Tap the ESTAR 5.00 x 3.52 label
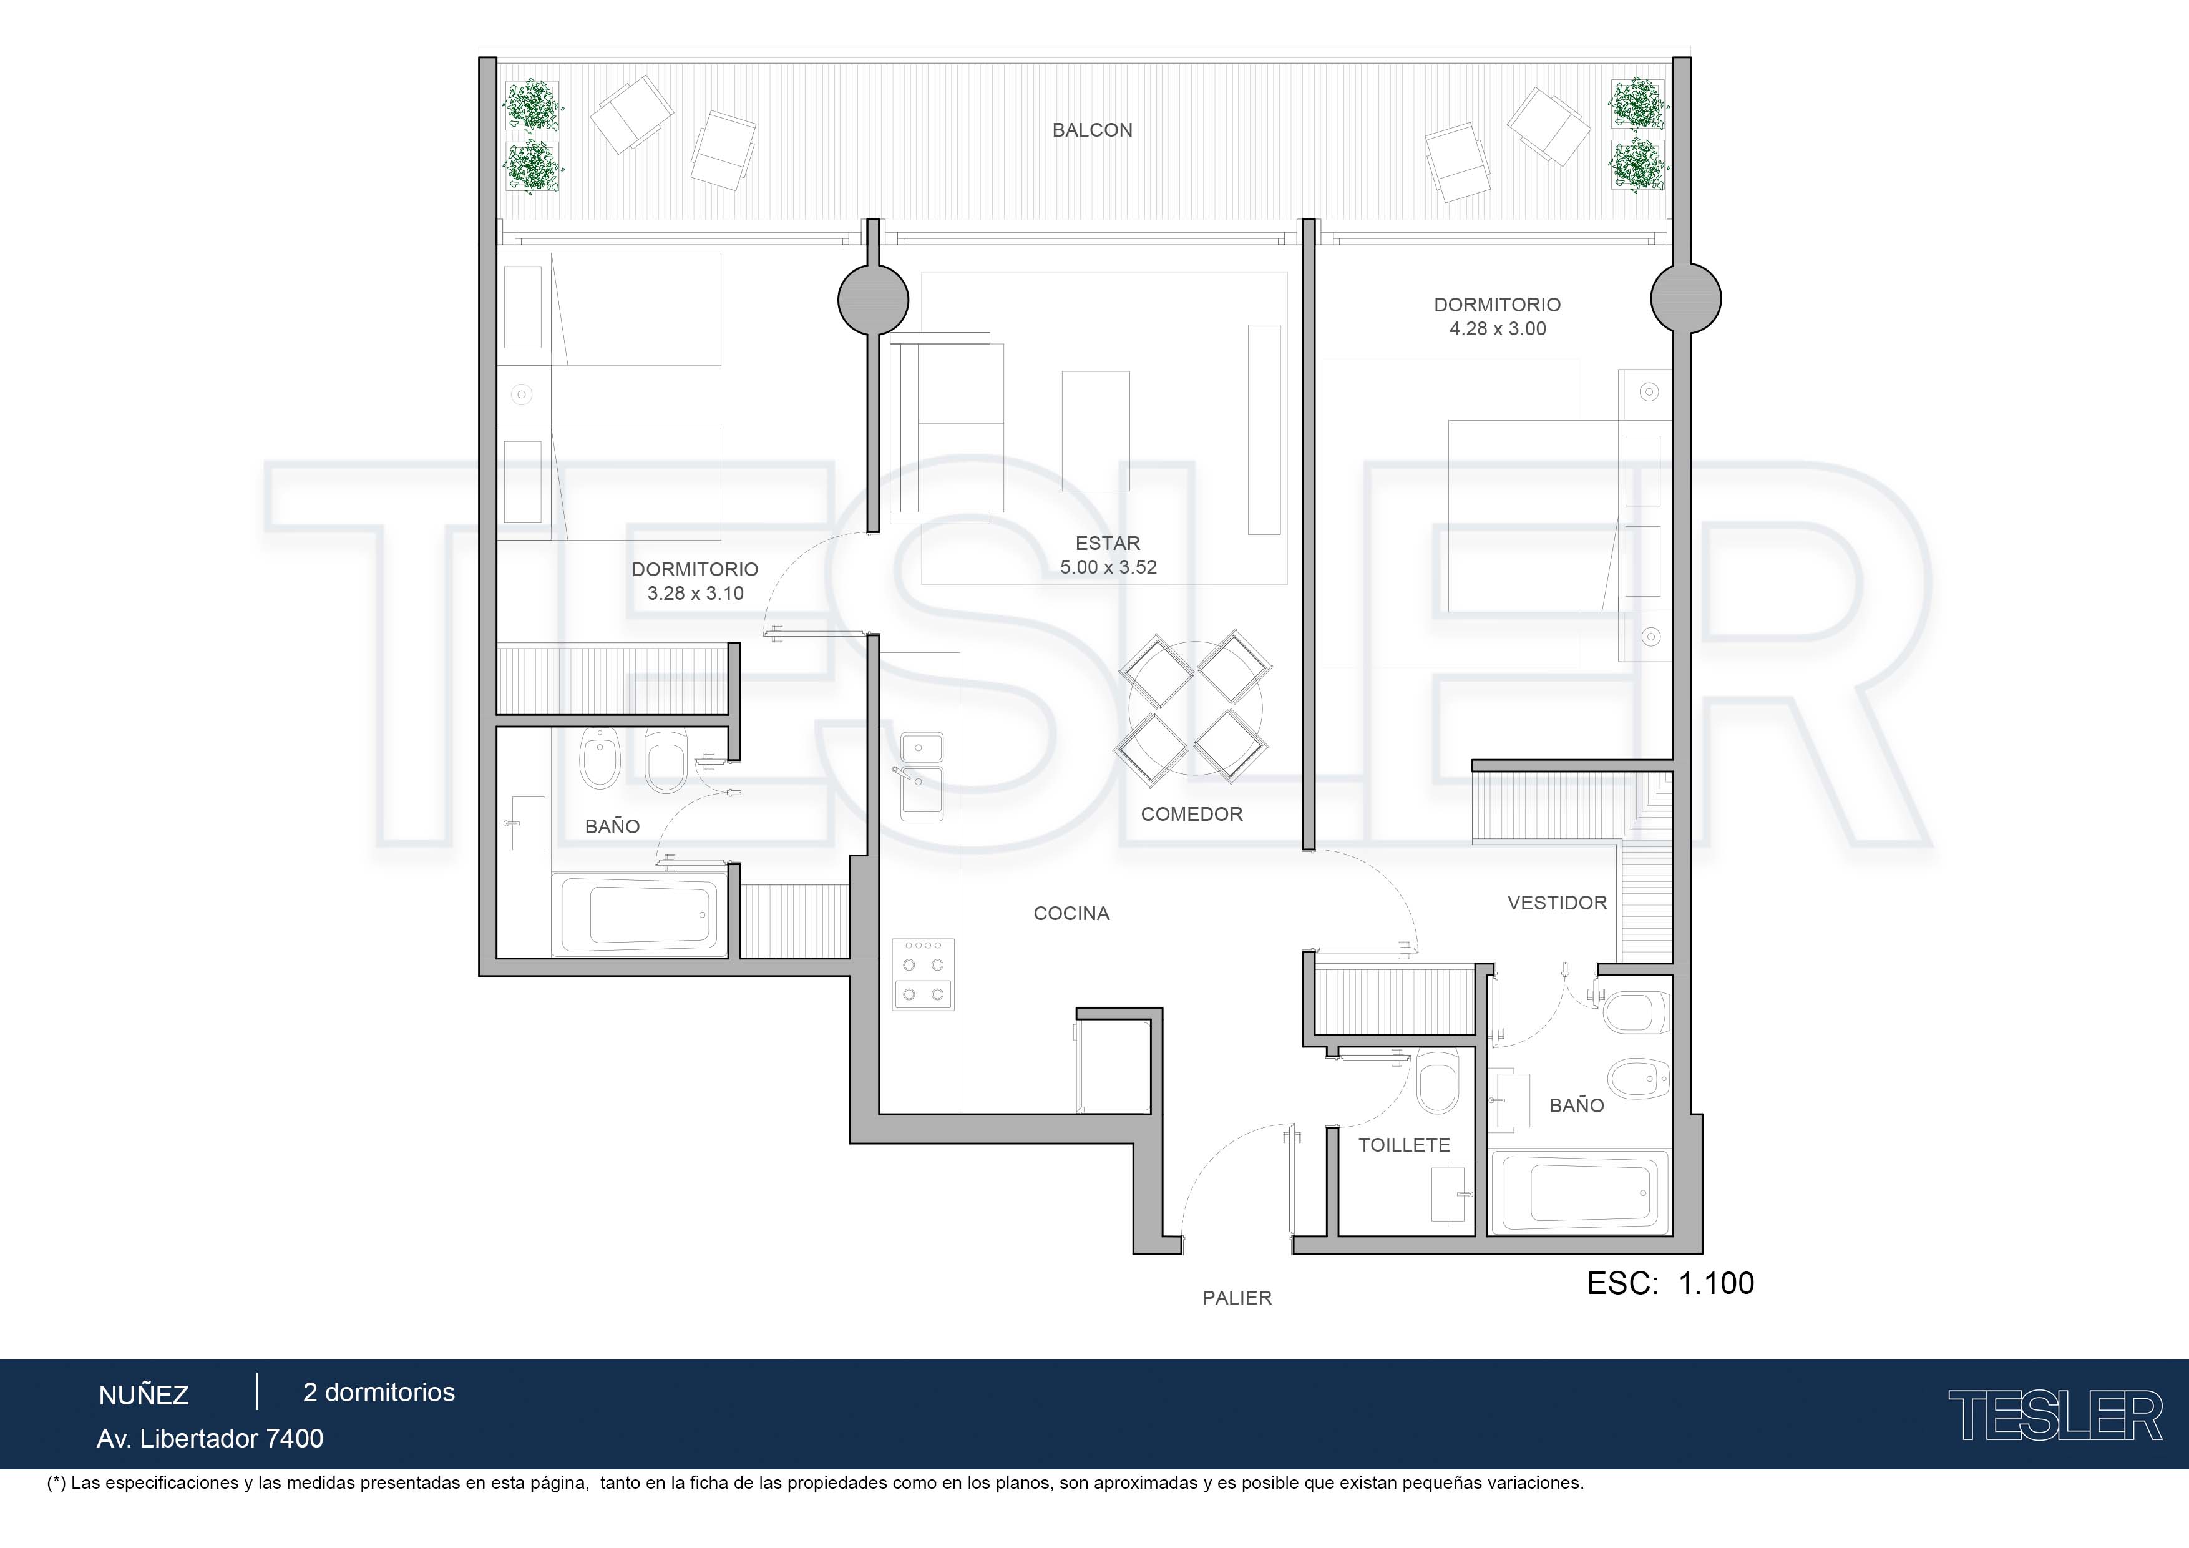pyautogui.click(x=1108, y=555)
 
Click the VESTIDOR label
pyautogui.click(x=1557, y=903)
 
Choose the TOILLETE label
pyautogui.click(x=1405, y=1145)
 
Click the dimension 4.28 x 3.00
pyautogui.click(x=1498, y=329)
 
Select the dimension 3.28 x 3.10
pyautogui.click(x=695, y=593)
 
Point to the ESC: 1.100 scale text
pyautogui.click(x=1670, y=1284)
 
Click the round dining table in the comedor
pyautogui.click(x=1196, y=708)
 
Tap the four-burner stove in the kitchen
pyautogui.click(x=923, y=974)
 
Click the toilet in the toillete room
pyautogui.click(x=1437, y=1082)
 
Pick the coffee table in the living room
pyautogui.click(x=1096, y=431)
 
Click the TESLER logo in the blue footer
pyautogui.click(x=2055, y=1416)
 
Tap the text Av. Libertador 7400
pyautogui.click(x=210, y=1438)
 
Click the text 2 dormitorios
pyautogui.click(x=379, y=1393)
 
